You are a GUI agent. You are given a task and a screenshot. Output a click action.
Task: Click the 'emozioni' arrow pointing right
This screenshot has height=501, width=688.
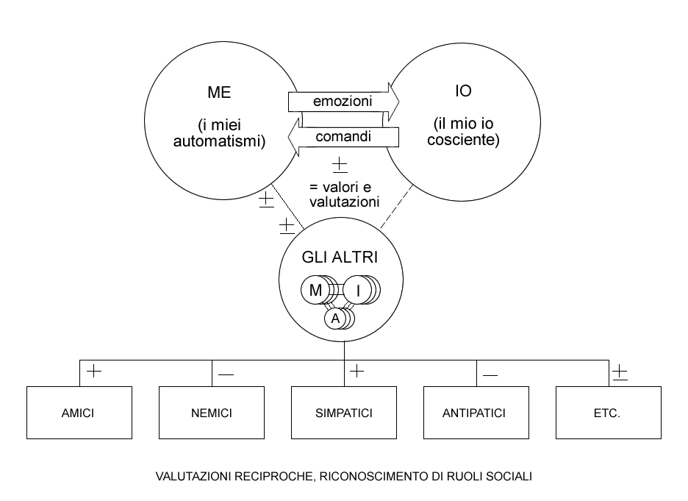tap(343, 102)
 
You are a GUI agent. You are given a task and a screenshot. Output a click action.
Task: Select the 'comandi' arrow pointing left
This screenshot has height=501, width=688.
tap(343, 137)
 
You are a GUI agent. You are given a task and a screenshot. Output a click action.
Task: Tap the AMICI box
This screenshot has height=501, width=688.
tap(79, 413)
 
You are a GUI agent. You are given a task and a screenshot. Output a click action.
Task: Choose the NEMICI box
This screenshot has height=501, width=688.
tap(212, 413)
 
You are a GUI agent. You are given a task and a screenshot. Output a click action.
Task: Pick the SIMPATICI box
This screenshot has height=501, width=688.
tap(344, 413)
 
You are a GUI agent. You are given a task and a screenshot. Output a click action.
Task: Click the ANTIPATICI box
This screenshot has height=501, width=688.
tap(476, 413)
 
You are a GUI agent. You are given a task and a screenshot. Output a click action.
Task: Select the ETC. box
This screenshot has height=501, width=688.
tap(609, 413)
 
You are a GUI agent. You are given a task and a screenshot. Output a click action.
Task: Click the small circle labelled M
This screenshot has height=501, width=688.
tap(315, 290)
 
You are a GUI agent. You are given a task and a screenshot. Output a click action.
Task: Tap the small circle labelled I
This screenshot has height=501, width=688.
tap(358, 290)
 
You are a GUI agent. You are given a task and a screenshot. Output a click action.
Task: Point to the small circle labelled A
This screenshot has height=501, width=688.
tap(335, 319)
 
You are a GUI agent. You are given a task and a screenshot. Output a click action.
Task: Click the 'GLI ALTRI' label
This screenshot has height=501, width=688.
tap(340, 257)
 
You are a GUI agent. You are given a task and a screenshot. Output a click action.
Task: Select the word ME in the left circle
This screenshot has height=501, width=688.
tap(219, 92)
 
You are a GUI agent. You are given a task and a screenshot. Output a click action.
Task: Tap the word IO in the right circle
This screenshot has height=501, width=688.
tap(463, 91)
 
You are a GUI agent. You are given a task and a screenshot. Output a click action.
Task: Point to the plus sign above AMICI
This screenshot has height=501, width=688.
tap(94, 372)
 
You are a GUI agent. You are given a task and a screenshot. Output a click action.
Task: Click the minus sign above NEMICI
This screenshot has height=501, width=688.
tap(226, 374)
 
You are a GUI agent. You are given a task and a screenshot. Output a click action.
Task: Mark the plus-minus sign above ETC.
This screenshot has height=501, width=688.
tap(620, 372)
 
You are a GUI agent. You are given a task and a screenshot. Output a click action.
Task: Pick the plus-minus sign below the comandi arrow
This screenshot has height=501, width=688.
tap(340, 165)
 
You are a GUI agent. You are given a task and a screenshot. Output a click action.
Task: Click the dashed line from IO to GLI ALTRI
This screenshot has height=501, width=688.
tap(397, 207)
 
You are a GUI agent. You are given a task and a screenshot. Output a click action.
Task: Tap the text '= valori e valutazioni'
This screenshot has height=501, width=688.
tap(344, 194)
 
